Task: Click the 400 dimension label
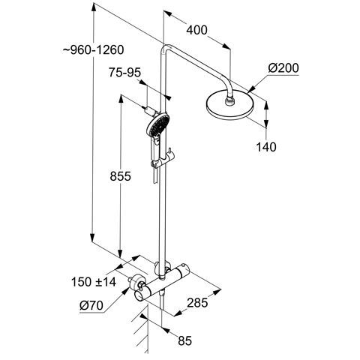pos(196,30)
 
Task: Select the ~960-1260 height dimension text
pos(93,50)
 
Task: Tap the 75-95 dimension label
pos(124,73)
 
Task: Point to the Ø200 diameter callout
pos(283,68)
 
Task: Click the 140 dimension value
pos(266,147)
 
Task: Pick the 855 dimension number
pos(120,176)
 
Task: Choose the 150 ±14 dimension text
pos(94,282)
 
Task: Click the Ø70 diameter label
pos(91,305)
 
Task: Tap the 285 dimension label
pos(197,303)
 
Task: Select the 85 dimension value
pos(184,340)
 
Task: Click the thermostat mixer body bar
pos(162,283)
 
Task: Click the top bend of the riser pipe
pos(166,49)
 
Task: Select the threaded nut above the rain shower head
pos(230,102)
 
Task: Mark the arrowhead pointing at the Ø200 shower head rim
pos(250,90)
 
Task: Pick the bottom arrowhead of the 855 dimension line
pos(121,252)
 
